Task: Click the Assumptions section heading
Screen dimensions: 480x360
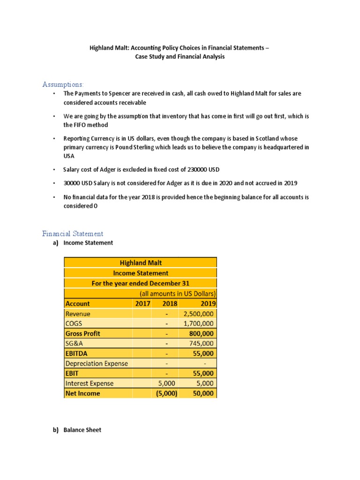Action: (63, 84)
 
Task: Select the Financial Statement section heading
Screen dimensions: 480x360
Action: (73, 233)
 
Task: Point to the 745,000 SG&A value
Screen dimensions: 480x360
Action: (202, 344)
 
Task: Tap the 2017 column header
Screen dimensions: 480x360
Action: (142, 303)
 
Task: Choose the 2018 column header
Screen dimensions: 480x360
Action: (169, 303)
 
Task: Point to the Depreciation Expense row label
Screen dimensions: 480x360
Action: (97, 363)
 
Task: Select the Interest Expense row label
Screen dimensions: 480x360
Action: (90, 383)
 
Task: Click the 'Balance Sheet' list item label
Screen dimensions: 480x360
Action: (82, 430)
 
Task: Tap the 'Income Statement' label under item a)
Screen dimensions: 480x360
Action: (88, 243)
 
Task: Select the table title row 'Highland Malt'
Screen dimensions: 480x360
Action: (141, 263)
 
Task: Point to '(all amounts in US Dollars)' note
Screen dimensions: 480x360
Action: (178, 293)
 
